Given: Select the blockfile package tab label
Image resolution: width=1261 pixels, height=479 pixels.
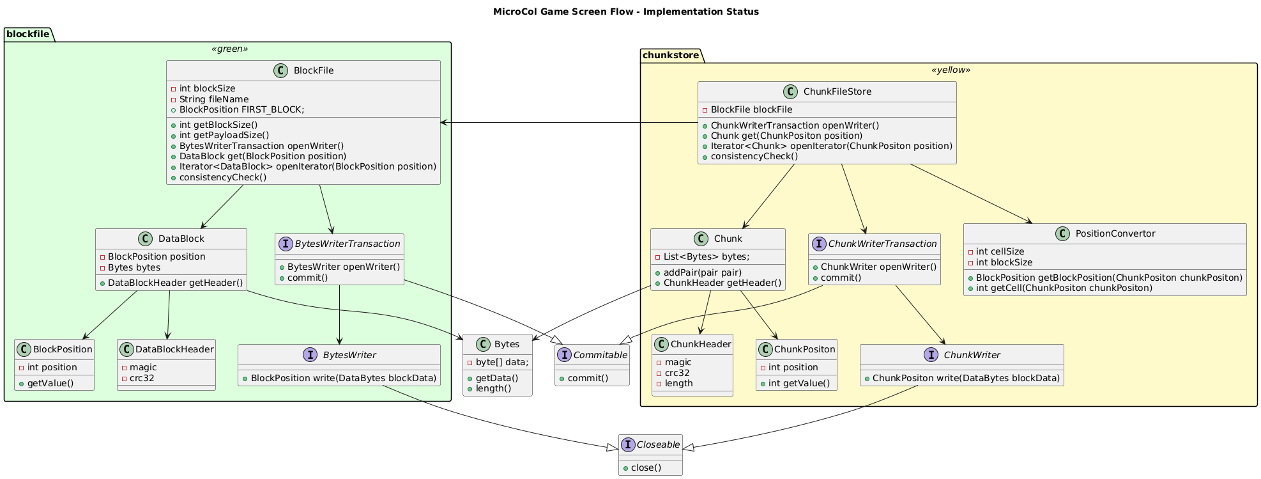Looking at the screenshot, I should click(27, 34).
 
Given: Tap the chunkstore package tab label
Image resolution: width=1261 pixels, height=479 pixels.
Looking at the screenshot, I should click(671, 55).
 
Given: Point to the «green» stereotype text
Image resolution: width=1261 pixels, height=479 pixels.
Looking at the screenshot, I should click(229, 49).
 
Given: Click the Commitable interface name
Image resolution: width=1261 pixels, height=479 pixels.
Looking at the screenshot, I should click(599, 355).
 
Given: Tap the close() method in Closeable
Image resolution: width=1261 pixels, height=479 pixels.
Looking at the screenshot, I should click(646, 467).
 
